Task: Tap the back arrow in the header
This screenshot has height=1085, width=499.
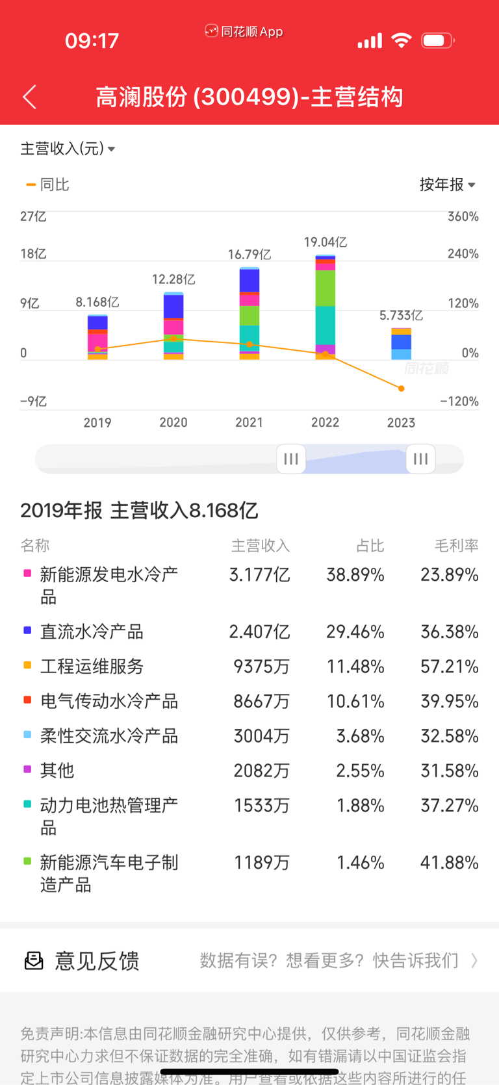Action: pyautogui.click(x=30, y=97)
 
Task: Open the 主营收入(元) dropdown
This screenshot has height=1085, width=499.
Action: pyautogui.click(x=68, y=149)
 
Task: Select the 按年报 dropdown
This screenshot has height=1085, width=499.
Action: pyautogui.click(x=447, y=185)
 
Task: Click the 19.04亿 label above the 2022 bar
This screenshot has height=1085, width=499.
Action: pyautogui.click(x=325, y=242)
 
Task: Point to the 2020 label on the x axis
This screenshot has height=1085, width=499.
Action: pyautogui.click(x=173, y=422)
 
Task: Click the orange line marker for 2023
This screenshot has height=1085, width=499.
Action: pyautogui.click(x=402, y=389)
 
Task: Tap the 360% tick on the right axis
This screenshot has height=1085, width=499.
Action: pyautogui.click(x=463, y=216)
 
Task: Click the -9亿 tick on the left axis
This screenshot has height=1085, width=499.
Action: pyautogui.click(x=33, y=402)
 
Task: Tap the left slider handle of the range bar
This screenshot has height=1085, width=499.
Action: pyautogui.click(x=291, y=459)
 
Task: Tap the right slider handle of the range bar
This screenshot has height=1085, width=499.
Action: pyautogui.click(x=420, y=459)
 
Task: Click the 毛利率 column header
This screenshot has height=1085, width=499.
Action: pyautogui.click(x=456, y=546)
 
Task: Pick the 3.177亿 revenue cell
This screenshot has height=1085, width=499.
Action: pyautogui.click(x=259, y=575)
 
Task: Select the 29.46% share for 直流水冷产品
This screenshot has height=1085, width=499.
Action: pyautogui.click(x=355, y=632)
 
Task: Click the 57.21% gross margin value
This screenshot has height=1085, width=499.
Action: pyautogui.click(x=449, y=667)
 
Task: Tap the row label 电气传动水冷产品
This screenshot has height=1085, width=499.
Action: pyautogui.click(x=109, y=701)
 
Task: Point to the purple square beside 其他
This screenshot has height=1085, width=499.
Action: pyautogui.click(x=27, y=769)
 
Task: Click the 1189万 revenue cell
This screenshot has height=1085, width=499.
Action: pyautogui.click(x=261, y=863)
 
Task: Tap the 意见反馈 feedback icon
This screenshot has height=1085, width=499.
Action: pyautogui.click(x=34, y=960)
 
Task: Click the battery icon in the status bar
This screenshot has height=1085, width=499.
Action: pyautogui.click(x=437, y=41)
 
